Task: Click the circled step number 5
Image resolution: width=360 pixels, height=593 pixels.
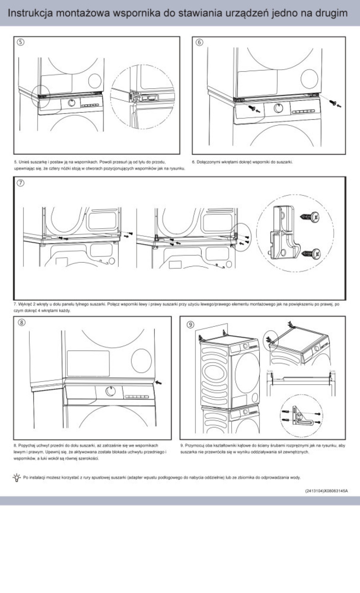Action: pyautogui.click(x=20, y=42)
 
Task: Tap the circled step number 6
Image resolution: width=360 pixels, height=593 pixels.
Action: pyautogui.click(x=199, y=42)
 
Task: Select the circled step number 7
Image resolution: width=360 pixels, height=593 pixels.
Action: pyautogui.click(x=20, y=183)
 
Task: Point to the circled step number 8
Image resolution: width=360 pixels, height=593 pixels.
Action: pyautogui.click(x=21, y=322)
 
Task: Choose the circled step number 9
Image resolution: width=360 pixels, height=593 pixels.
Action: pyautogui.click(x=190, y=325)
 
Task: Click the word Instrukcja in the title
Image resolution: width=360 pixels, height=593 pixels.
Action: pyautogui.click(x=30, y=13)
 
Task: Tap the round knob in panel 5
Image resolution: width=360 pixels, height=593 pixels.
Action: pyautogui.click(x=72, y=103)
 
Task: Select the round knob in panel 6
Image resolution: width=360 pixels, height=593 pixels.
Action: pyautogui.click(x=279, y=107)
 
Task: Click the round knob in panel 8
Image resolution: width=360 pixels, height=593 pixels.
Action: pyautogui.click(x=111, y=391)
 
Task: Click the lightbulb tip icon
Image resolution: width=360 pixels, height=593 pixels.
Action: pyautogui.click(x=17, y=477)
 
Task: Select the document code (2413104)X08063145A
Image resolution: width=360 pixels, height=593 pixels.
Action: pyautogui.click(x=326, y=491)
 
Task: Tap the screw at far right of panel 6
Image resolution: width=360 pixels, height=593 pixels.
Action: pyautogui.click(x=333, y=103)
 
